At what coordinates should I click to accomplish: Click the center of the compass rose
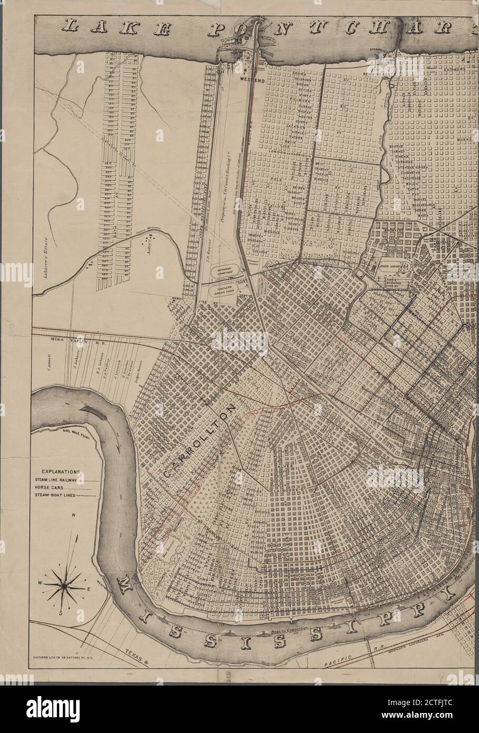(x=62, y=585)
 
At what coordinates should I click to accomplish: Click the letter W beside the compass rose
(x=39, y=583)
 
